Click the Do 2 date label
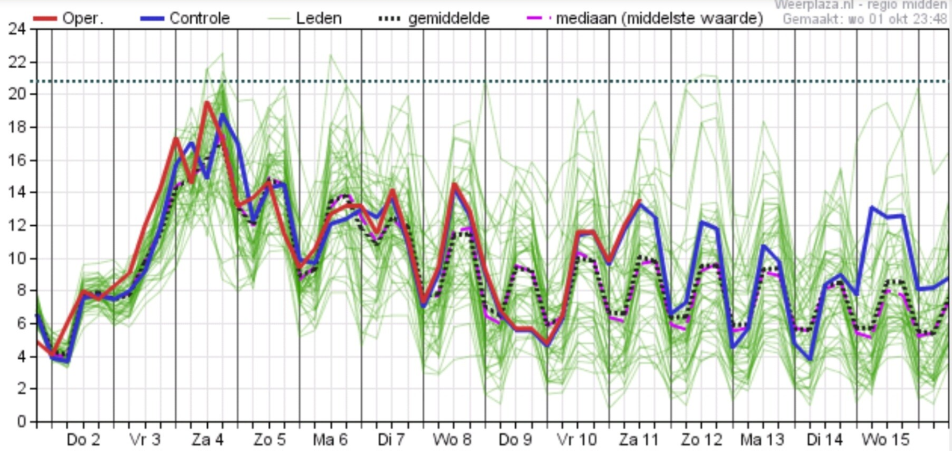point(83,440)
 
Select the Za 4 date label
point(207,440)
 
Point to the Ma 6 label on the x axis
point(330,440)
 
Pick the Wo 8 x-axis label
point(452,440)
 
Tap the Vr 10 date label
point(576,440)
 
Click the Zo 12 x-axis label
point(701,440)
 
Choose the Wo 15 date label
point(886,440)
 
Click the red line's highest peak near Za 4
point(207,103)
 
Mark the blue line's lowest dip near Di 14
point(810,359)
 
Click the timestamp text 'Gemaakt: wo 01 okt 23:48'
point(864,19)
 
